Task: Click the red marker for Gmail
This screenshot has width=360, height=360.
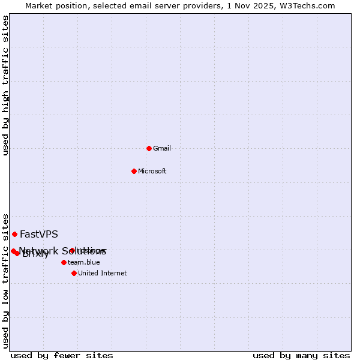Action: [x=149, y=148]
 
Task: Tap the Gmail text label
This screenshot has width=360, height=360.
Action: [x=162, y=149]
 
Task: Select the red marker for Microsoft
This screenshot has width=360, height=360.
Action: [x=134, y=171]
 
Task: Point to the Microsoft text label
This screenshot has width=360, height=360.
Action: [x=152, y=172]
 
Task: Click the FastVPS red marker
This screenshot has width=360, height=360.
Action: [x=14, y=234]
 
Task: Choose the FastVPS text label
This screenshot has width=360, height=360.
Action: [x=39, y=235]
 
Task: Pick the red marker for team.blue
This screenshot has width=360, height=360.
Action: [x=64, y=262]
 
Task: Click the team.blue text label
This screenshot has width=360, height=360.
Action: [x=84, y=263]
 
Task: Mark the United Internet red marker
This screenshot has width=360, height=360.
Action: [x=74, y=273]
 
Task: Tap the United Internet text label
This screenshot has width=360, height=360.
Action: [x=103, y=274]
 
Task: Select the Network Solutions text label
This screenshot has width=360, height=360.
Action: [x=62, y=251]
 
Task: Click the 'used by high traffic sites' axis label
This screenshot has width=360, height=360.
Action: [x=6, y=85]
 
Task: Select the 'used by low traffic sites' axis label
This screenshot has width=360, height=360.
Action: [x=6, y=280]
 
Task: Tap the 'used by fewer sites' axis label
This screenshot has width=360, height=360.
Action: [x=62, y=356]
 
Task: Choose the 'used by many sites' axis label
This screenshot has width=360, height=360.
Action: [x=301, y=356]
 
